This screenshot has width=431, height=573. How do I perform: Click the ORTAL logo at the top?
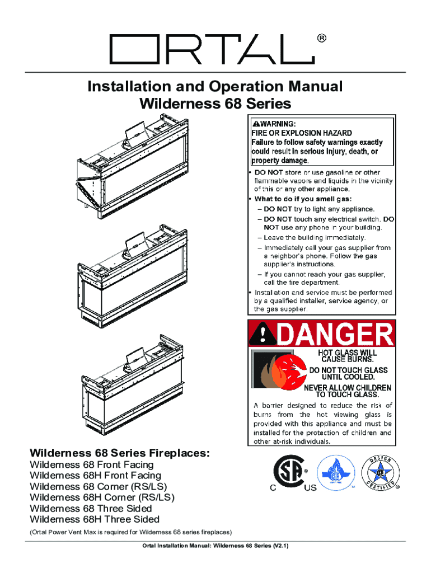(212, 49)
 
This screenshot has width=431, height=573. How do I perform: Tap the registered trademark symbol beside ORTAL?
(322, 39)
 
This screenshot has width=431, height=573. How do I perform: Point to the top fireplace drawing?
(133, 166)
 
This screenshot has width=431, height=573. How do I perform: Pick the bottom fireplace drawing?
(132, 385)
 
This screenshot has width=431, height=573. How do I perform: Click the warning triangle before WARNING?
(256, 124)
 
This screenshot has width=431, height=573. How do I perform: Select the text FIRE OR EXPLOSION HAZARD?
(302, 133)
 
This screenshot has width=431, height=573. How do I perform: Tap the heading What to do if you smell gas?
(303, 199)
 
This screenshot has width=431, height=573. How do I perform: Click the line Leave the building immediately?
(315, 237)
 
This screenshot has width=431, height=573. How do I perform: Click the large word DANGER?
(335, 334)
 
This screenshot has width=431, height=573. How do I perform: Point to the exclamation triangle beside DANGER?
(263, 335)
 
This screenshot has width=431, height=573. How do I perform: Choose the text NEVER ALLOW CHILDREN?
(348, 388)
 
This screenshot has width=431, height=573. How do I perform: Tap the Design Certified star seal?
(380, 473)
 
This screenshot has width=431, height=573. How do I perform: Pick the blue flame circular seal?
(336, 473)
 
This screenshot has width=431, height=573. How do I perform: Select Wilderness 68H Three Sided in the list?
(95, 519)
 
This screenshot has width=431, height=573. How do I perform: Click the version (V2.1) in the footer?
(280, 546)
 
